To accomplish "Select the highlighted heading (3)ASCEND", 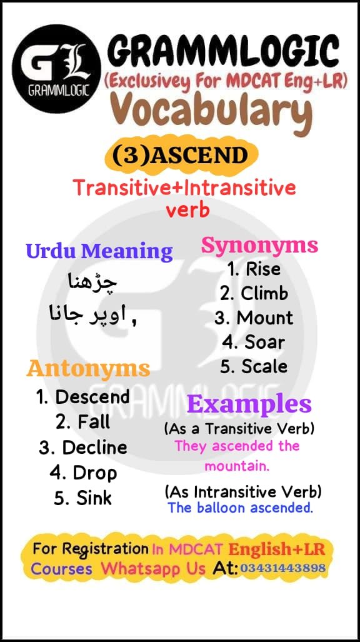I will [181, 155].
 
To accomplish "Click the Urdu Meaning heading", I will [99, 251].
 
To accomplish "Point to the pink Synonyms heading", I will [259, 246].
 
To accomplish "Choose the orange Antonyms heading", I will [88, 368].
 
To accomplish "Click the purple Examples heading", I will [249, 404].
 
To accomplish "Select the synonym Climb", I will [254, 293].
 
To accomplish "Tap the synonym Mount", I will [254, 318].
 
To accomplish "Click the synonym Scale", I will [254, 366].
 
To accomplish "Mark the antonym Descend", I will [83, 397].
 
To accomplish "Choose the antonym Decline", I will [83, 448].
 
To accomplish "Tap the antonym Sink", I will [83, 498].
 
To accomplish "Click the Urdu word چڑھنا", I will [91, 282].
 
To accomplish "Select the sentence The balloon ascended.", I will [240, 508].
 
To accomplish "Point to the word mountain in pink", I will [236, 466].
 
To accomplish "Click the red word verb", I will [187, 210].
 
